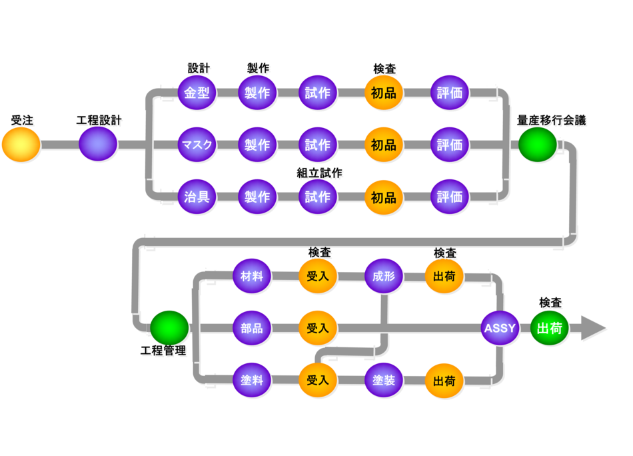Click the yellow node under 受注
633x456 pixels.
[21, 145]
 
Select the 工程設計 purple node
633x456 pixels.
[98, 144]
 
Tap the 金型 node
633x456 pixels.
[197, 93]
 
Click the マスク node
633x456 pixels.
[197, 145]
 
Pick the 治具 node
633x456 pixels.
[197, 197]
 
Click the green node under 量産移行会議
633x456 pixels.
[537, 145]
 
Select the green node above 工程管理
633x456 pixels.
[169, 327]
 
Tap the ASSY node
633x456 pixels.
[500, 328]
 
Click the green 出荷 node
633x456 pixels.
[550, 328]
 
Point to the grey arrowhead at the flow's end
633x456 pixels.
[592, 328]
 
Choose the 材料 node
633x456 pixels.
[252, 276]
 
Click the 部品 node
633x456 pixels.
[252, 328]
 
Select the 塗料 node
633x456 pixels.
[252, 381]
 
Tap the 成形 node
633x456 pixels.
[384, 276]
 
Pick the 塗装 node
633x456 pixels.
[384, 381]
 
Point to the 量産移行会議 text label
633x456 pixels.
[552, 121]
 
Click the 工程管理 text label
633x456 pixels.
[163, 351]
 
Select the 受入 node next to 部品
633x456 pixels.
[318, 328]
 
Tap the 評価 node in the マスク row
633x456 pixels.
[450, 145]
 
